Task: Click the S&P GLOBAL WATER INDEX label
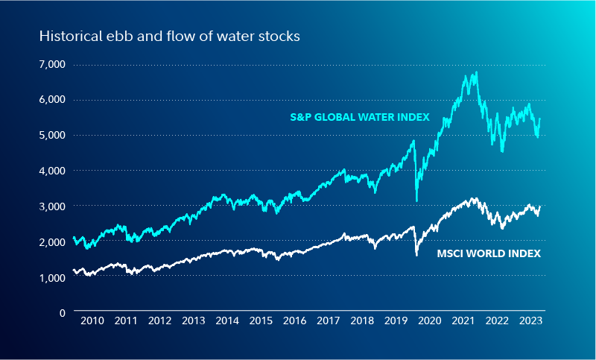[x=359, y=117]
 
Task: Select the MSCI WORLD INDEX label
[x=489, y=254]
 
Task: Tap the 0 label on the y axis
[x=63, y=312]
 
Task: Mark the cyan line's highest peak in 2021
[x=476, y=72]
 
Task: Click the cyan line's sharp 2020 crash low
[x=416, y=200]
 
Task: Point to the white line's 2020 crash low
[x=416, y=255]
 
